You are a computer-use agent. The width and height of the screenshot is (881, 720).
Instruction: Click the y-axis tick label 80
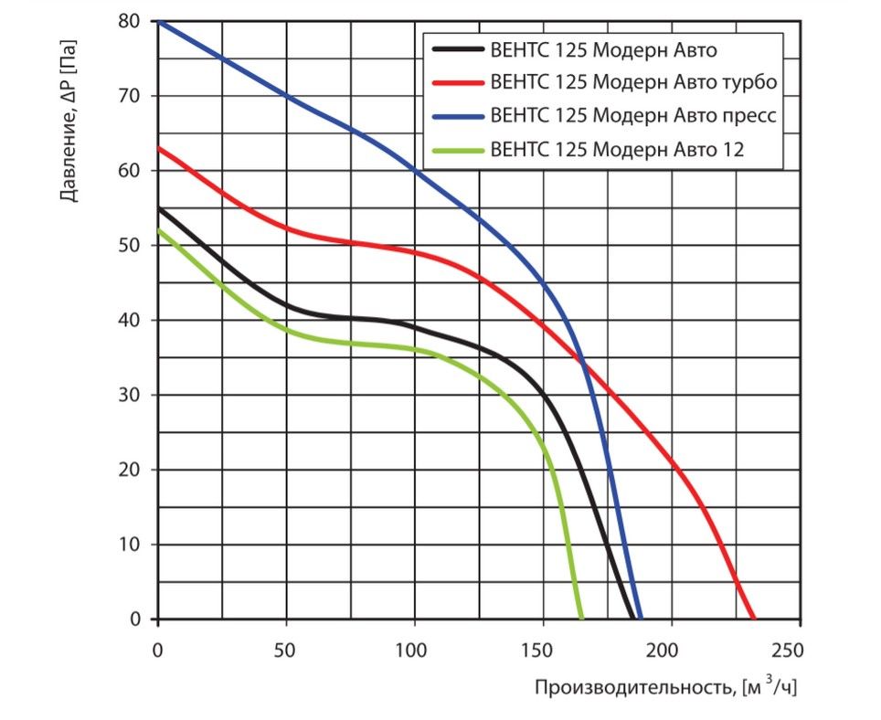click(132, 21)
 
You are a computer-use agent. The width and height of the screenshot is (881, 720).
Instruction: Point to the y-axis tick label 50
click(132, 246)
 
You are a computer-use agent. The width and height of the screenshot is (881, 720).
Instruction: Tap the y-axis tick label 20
click(132, 470)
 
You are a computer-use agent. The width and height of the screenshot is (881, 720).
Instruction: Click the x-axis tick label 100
click(415, 650)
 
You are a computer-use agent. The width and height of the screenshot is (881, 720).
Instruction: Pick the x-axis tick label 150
click(543, 650)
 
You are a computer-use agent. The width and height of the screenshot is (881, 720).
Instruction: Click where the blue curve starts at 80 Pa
click(159, 21)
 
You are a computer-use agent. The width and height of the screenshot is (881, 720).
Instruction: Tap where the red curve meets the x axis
click(754, 619)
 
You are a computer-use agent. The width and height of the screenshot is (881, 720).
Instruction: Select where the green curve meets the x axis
click(581, 619)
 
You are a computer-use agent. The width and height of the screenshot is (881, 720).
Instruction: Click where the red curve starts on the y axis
click(159, 148)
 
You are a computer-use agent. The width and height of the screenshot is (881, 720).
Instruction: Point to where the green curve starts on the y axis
click(159, 230)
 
